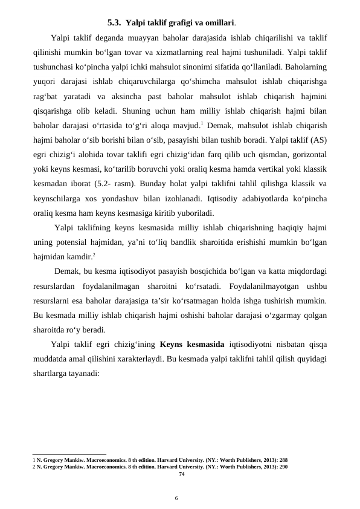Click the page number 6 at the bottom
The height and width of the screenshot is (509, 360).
[176, 498]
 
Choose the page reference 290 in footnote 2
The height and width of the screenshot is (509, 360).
[283, 467]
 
